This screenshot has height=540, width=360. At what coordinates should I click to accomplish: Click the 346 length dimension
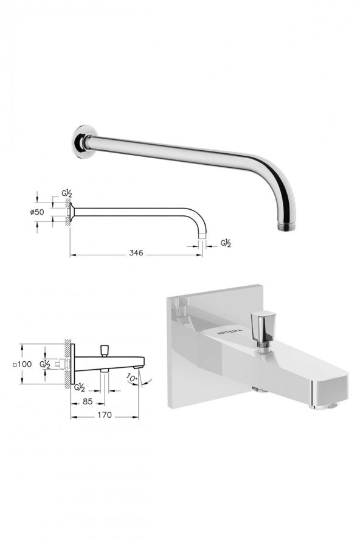coord(136,252)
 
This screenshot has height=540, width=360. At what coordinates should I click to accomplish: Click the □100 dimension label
coord(21,364)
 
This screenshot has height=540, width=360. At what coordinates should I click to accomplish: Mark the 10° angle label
coord(132,378)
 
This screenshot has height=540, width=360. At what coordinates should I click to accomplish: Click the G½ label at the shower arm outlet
coord(226,243)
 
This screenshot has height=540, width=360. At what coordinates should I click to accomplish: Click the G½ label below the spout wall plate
coord(78,387)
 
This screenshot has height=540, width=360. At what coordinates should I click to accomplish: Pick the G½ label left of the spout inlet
coord(45,364)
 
